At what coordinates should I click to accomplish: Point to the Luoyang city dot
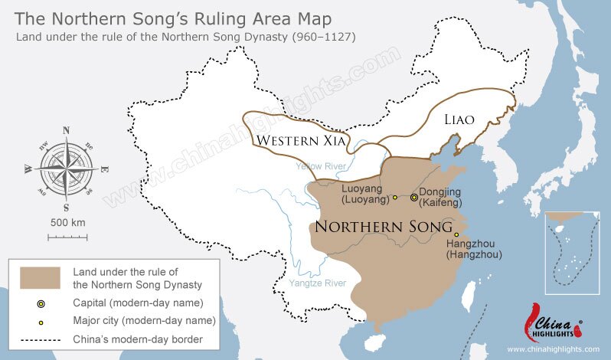395,198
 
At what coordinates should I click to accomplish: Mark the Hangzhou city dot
456,234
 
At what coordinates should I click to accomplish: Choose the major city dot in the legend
41,322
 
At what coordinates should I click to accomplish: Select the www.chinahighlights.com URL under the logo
553,349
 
